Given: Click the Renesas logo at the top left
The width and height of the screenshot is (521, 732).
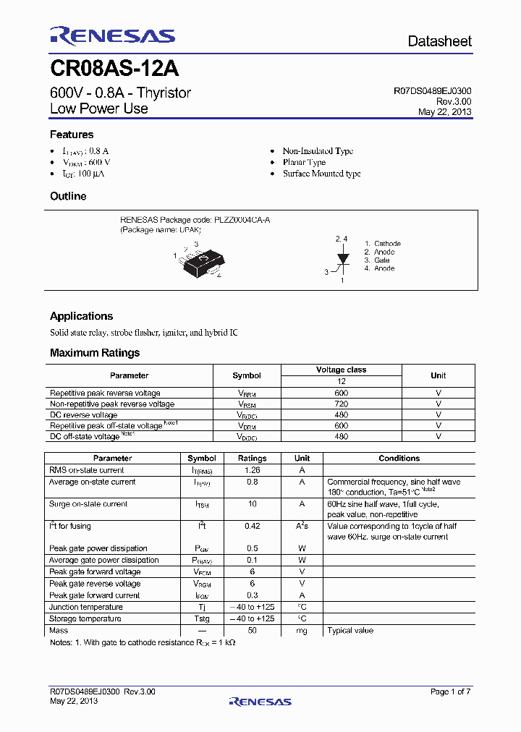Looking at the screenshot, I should pos(112,36).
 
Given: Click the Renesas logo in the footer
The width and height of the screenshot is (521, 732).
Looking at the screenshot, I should pos(260,701).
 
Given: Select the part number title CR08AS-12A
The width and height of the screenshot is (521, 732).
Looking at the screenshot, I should pos(114,69).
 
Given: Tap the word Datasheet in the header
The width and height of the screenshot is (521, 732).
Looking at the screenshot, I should pos(439,41).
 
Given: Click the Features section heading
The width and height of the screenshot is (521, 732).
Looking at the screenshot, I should pos(72,135).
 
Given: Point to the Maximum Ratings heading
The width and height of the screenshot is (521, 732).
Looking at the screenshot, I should pos(95,353).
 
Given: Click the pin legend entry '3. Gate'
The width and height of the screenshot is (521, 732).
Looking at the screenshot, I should pos(377,260).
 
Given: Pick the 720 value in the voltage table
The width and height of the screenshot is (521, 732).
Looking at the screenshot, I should pos(342,404).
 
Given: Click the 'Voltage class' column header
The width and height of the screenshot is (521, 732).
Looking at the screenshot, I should pos(342,370).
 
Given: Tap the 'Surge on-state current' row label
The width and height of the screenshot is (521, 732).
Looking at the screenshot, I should pos(88,504).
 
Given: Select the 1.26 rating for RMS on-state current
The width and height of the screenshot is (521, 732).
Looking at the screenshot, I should pos(252,470).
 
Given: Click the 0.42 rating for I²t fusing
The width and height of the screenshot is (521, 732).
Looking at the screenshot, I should pos(252,527).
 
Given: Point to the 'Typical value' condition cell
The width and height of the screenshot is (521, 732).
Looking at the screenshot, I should pos(350,631).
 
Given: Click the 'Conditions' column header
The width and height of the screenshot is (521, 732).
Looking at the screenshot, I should pos(399,459).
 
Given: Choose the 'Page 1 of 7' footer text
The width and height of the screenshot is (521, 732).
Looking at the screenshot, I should pos(450,692).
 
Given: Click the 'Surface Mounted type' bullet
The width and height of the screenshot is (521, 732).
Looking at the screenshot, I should pos(321,174).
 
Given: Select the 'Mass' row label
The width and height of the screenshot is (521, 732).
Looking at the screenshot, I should pos(59,631).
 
